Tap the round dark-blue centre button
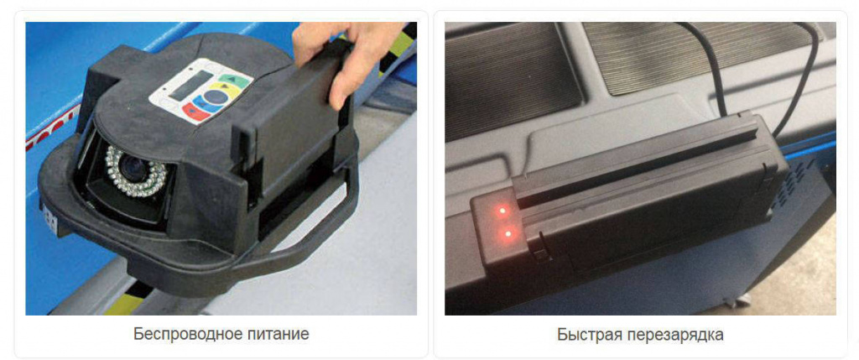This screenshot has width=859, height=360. (x=216, y=97)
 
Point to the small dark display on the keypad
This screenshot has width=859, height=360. (x=190, y=85)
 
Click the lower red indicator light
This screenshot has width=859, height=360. (x=508, y=234)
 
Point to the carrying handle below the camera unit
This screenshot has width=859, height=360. (x=307, y=236)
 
